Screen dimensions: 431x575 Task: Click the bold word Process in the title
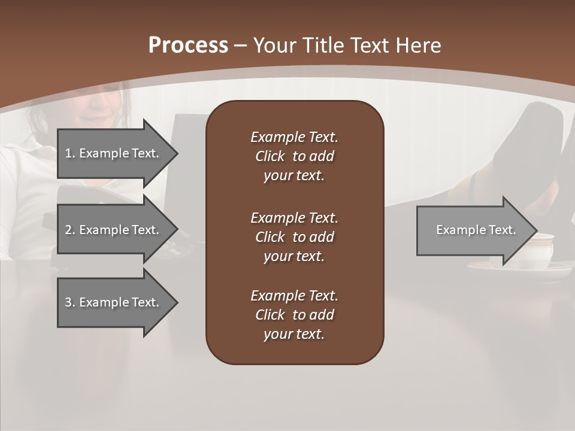click(188, 45)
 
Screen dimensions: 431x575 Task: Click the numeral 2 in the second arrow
click(68, 230)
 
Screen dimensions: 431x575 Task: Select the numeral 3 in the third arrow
click(68, 302)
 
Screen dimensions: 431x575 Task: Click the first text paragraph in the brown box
click(294, 156)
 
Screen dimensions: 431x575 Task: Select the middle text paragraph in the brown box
click(294, 237)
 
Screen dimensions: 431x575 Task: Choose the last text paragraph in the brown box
click(294, 315)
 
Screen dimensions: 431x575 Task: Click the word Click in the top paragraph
click(270, 156)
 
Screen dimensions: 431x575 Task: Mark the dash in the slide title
click(241, 45)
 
